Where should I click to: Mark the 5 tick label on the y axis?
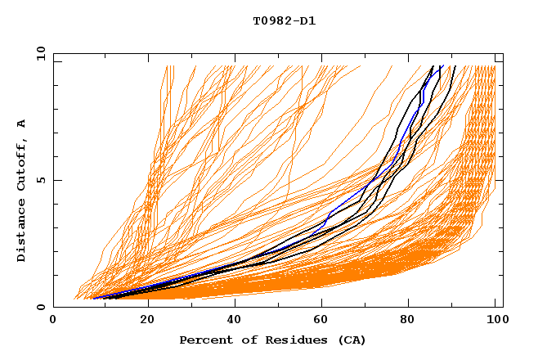coord(39,180)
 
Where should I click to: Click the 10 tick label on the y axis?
coord(37,53)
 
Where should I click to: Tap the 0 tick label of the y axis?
coord(39,307)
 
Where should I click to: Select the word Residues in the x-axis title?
coord(292,340)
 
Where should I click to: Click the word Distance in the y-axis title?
coord(21,232)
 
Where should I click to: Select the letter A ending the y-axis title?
coord(21,124)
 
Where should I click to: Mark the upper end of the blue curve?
coord(442,66)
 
